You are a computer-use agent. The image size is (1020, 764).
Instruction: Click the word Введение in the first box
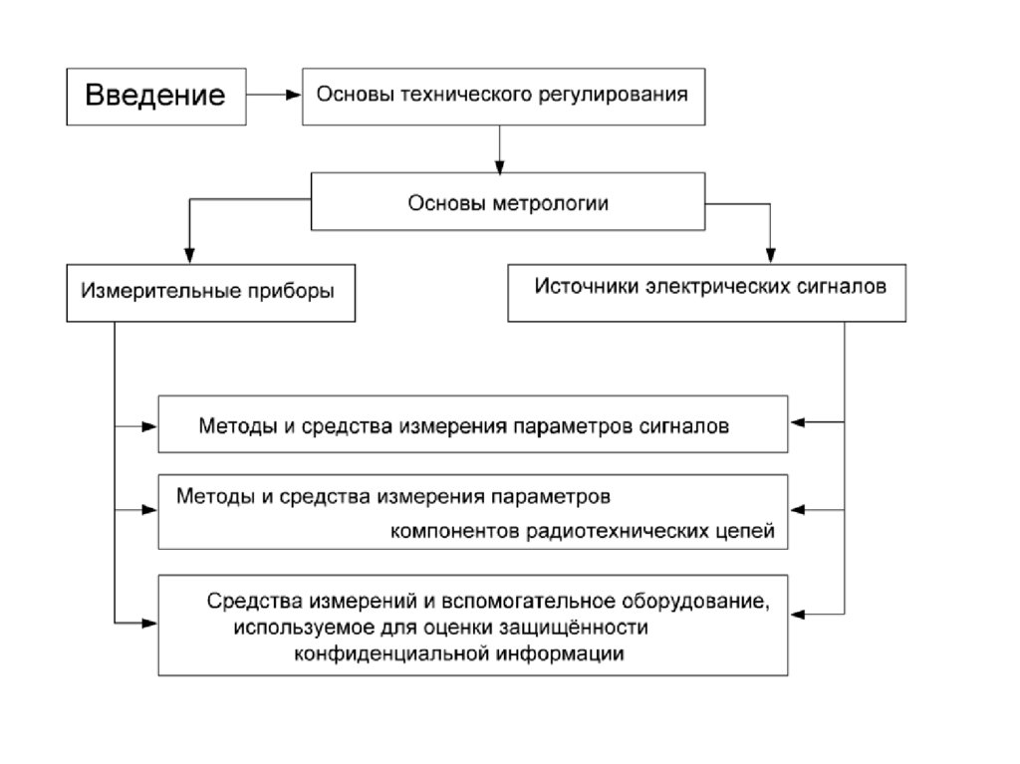(x=154, y=96)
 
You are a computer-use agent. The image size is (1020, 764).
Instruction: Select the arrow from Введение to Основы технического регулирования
(x=273, y=96)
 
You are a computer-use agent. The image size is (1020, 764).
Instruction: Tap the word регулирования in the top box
(x=627, y=96)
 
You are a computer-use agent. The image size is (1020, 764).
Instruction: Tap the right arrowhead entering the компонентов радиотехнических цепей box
(x=798, y=512)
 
